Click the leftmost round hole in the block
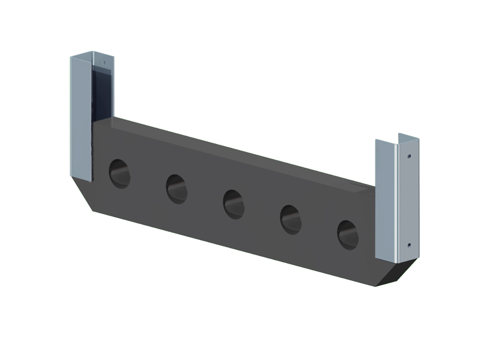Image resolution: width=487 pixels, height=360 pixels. (120, 173)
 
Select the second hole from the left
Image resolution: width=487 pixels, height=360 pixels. (176, 188)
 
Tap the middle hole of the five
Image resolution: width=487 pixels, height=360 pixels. (233, 204)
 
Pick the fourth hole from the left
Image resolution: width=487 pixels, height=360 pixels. (291, 219)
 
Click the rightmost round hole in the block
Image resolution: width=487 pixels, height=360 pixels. (347, 234)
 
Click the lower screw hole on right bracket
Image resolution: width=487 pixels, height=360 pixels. (409, 245)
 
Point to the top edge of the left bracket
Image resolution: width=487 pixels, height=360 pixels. (92, 54)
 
